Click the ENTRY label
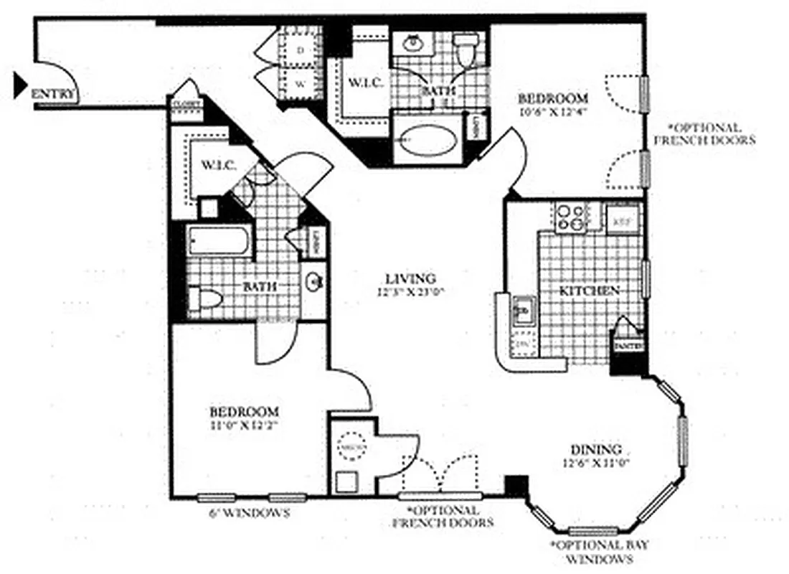pyautogui.click(x=55, y=94)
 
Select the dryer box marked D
pyautogui.click(x=301, y=50)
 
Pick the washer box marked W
pyautogui.click(x=301, y=83)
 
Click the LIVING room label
pyautogui.click(x=410, y=278)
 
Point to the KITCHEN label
pyautogui.click(x=589, y=291)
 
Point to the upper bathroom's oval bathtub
pyautogui.click(x=427, y=141)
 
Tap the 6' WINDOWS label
pyautogui.click(x=249, y=513)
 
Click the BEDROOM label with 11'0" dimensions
pyautogui.click(x=244, y=412)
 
